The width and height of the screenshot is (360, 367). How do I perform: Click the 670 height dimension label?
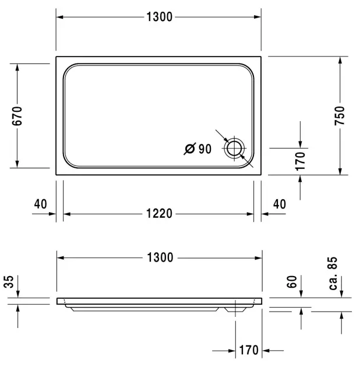(17, 116)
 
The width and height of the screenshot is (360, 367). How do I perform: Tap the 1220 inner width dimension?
(158, 214)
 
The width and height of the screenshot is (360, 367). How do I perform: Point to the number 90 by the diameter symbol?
(204, 149)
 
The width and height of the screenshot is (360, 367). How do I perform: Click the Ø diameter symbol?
(189, 149)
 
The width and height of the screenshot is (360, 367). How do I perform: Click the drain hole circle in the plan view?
(234, 148)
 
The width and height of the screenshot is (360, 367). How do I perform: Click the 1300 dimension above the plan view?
(158, 17)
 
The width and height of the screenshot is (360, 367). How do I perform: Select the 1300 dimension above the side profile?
(158, 257)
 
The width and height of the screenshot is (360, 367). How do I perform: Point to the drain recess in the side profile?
(234, 308)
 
